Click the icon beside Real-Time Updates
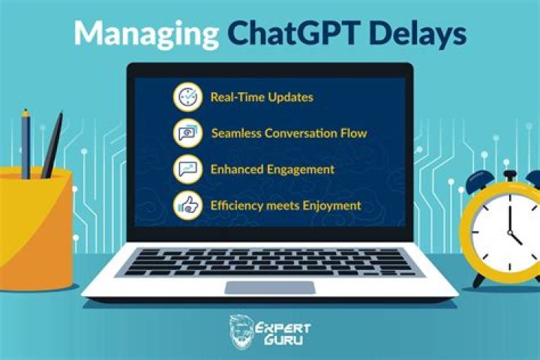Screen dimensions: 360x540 coord(187,97)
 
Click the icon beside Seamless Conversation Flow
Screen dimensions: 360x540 coord(187,133)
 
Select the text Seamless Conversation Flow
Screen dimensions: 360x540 coord(289,133)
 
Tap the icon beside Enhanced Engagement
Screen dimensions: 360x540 coord(187,169)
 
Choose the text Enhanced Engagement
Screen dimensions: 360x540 coord(272,169)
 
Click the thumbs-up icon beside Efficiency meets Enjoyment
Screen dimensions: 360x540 coord(187,204)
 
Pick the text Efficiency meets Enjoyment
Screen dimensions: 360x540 coord(286,205)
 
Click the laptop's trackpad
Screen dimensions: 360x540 coord(269,287)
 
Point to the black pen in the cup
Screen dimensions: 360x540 coord(52,146)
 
